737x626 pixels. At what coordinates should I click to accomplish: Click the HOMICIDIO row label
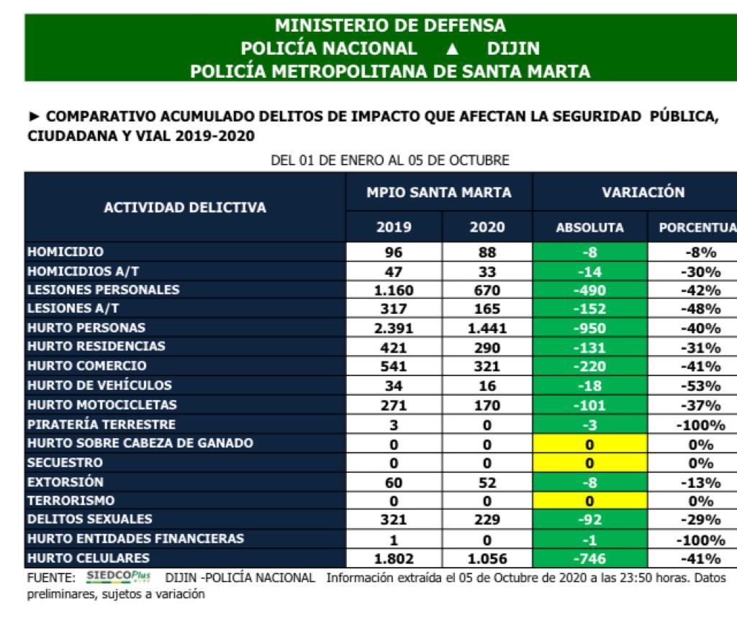click(x=65, y=253)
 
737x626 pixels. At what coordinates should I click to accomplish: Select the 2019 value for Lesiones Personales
click(x=394, y=290)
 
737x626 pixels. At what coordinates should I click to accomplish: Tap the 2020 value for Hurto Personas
click(x=487, y=328)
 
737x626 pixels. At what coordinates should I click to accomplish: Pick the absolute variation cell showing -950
click(x=589, y=328)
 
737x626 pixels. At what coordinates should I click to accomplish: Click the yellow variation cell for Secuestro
click(x=589, y=463)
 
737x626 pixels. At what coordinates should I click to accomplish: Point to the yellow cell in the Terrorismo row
click(x=589, y=501)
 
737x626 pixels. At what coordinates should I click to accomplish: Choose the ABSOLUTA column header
click(x=589, y=227)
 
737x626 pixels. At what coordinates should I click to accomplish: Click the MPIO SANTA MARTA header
click(x=439, y=192)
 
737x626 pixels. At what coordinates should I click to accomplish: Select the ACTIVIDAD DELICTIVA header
click(x=185, y=208)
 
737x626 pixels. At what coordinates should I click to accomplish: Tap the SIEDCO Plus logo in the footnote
click(x=118, y=576)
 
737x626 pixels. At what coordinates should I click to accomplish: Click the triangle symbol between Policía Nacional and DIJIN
click(x=452, y=49)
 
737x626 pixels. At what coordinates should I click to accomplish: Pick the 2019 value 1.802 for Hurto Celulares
click(x=394, y=558)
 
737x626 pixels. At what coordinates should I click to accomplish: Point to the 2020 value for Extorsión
click(x=487, y=482)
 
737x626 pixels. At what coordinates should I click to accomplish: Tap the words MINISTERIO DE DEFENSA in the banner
click(x=390, y=26)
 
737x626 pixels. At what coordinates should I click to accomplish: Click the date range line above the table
click(x=389, y=160)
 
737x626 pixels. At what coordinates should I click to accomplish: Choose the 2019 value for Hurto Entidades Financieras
click(x=394, y=540)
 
